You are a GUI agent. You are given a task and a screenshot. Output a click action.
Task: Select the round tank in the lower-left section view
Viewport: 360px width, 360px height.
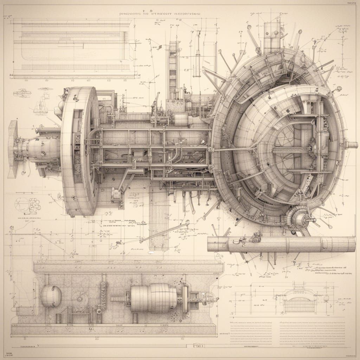[51, 296]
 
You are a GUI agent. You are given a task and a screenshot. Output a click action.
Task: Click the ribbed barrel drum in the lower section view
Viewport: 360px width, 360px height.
[154, 298]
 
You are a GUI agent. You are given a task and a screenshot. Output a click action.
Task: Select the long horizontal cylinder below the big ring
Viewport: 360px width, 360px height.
[281, 244]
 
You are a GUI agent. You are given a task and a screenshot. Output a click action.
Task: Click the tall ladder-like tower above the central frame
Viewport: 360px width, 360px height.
[173, 70]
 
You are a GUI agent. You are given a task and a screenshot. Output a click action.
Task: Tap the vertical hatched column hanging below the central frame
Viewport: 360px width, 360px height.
[159, 218]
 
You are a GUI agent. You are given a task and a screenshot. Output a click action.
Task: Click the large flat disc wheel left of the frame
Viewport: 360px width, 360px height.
[79, 151]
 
